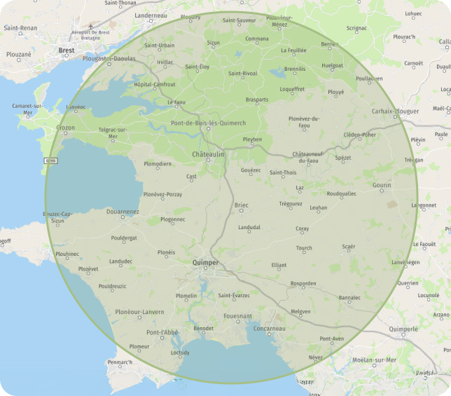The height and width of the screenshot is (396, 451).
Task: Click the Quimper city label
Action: pyautogui.click(x=205, y=263)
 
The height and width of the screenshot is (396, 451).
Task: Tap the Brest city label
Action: pyautogui.click(x=67, y=50)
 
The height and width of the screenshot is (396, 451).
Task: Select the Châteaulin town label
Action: pyautogui.click(x=208, y=153)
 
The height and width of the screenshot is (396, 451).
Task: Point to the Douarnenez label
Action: pyautogui.click(x=122, y=211)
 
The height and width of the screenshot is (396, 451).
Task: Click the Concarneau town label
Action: pyautogui.click(x=270, y=329)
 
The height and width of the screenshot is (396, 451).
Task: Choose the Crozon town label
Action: pyautogui.click(x=65, y=128)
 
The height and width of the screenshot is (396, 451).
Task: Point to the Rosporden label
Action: pyautogui.click(x=303, y=283)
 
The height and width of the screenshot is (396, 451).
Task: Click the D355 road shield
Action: pyautogui.click(x=50, y=161)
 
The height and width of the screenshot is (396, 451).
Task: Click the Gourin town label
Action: pyautogui.click(x=382, y=185)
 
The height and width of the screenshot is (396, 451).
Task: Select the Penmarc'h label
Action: pyautogui.click(x=120, y=362)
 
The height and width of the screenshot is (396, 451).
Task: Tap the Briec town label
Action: pyautogui.click(x=242, y=205)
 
